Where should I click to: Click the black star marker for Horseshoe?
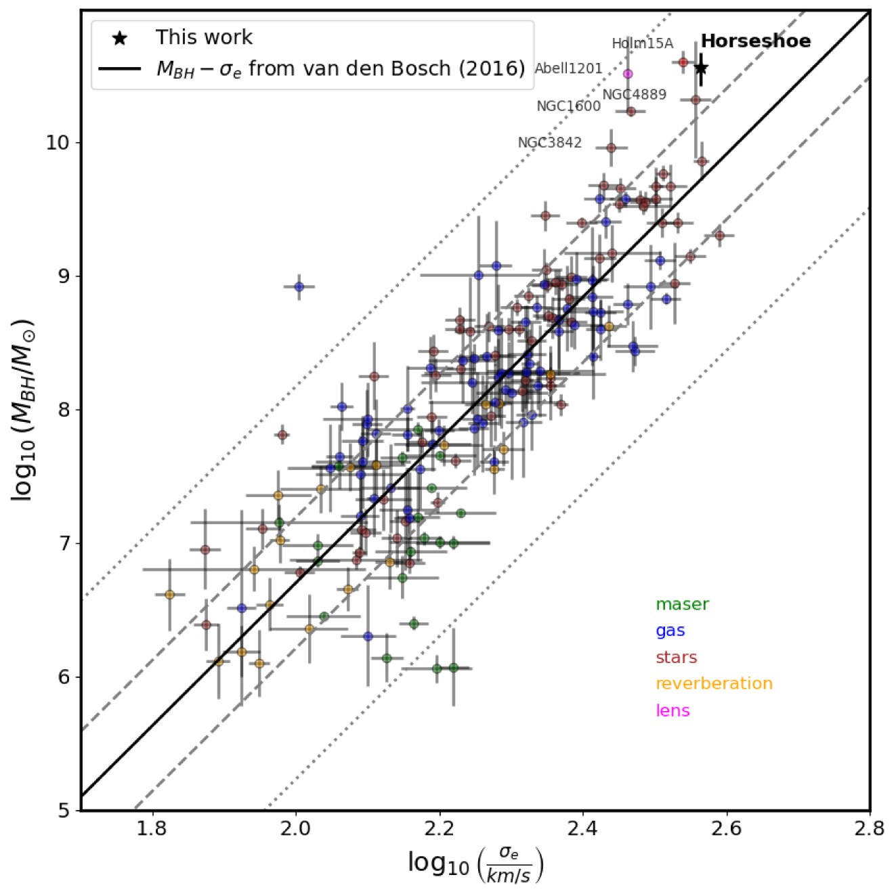coord(701,68)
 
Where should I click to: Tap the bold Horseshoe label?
coord(755,41)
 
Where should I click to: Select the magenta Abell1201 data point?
coord(628,74)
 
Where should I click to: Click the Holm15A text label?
coord(642,44)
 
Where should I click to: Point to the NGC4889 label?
coord(634,94)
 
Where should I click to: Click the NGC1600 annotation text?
coord(568,106)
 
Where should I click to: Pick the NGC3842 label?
coord(549,143)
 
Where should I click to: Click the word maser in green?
coord(682,604)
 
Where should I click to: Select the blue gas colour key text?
coord(670,631)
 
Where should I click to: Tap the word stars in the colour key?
coord(676,657)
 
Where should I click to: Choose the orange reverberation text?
coord(714,683)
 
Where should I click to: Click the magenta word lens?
coord(672,710)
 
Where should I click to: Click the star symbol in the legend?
coord(120,39)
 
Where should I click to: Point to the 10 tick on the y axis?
coord(58,143)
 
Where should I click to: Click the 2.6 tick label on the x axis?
coord(726,828)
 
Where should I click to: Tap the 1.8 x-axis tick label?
coord(152,828)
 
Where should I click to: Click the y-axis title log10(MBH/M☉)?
coord(23,410)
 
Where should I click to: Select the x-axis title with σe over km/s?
coord(475,863)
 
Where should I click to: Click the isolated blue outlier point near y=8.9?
coord(299,286)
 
